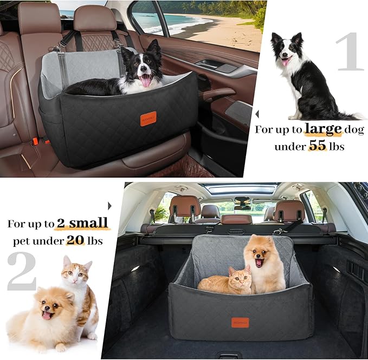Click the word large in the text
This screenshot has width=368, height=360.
pyautogui.click(x=323, y=129)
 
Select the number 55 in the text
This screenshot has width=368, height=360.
pyautogui.click(x=318, y=146)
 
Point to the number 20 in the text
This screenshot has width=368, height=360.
pyautogui.click(x=75, y=240)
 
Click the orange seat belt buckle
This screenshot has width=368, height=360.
pyautogui.click(x=36, y=142)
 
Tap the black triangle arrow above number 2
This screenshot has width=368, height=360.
pyautogui.click(x=109, y=206)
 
